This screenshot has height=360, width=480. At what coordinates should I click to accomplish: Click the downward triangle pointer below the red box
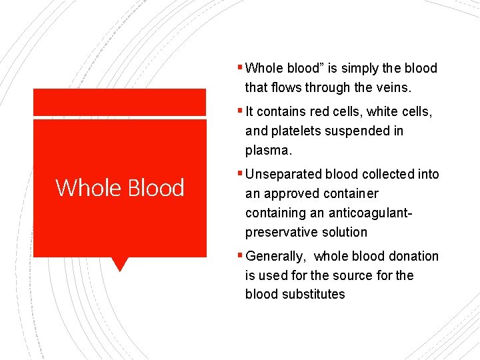120,264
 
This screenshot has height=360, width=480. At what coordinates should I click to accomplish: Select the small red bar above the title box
120,102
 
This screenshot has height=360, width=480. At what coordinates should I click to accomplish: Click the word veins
393,87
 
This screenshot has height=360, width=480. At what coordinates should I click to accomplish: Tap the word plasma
268,151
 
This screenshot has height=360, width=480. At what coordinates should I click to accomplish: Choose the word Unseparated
285,174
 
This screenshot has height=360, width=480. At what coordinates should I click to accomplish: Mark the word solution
345,232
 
